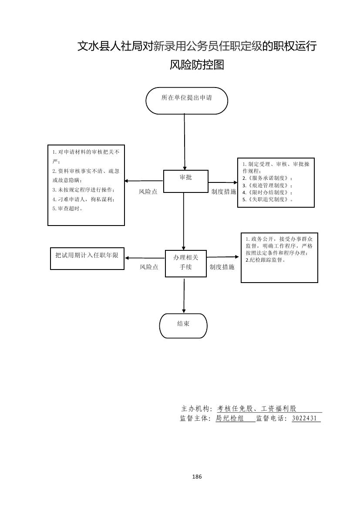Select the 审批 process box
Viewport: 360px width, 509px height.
tap(185, 181)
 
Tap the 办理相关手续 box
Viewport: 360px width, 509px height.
tap(185, 263)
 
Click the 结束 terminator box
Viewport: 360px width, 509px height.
tap(183, 325)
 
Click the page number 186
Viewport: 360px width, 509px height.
tap(197, 476)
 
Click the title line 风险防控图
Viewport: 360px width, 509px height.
tap(197, 65)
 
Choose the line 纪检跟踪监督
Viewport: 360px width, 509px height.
tap(266, 260)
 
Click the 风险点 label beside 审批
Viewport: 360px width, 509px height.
tap(148, 192)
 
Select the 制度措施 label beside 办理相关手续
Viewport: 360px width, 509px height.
tap(222, 267)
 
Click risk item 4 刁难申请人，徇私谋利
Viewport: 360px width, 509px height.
tap(83, 199)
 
